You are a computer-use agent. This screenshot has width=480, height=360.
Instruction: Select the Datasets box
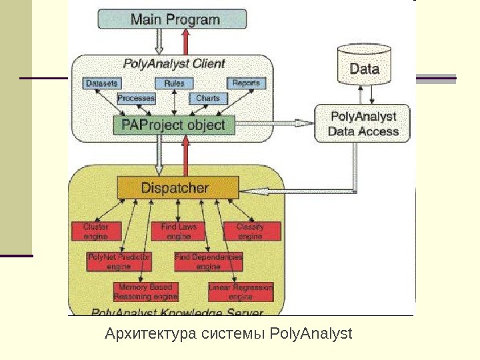tap(102, 83)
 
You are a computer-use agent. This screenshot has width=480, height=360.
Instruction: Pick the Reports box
tap(246, 83)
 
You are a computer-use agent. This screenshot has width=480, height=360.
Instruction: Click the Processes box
tap(136, 98)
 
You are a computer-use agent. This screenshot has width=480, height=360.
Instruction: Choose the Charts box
tap(207, 98)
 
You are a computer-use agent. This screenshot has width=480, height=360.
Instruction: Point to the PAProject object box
tap(173, 125)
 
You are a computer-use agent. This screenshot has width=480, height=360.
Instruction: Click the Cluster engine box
tap(97, 231)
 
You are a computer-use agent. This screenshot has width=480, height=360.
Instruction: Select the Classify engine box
tap(251, 231)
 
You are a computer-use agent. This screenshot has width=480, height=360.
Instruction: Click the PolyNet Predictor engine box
tap(119, 261)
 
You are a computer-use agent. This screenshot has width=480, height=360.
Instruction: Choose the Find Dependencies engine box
tap(209, 261)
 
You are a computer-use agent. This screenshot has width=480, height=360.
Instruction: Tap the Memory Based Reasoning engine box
tap(145, 292)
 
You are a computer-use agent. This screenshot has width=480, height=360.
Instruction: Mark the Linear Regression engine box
tap(241, 292)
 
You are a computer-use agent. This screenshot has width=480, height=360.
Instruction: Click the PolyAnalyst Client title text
tap(175, 64)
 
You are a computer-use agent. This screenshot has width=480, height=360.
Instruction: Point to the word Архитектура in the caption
tap(151, 333)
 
